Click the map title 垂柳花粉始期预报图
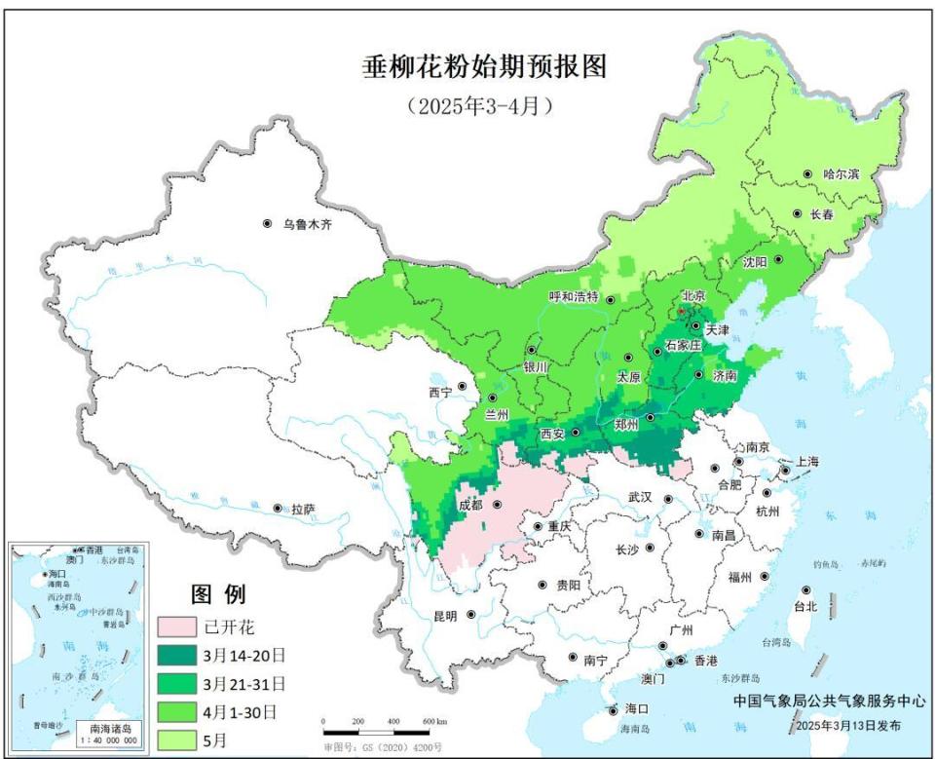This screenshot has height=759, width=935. click(x=483, y=66)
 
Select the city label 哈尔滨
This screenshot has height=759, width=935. click(x=841, y=174)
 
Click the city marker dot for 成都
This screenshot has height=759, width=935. click(x=498, y=506)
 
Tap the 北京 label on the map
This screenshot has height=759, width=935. click(x=693, y=296)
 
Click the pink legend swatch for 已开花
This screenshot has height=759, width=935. click(x=176, y=625)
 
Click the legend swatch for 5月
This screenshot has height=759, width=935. click(x=176, y=740)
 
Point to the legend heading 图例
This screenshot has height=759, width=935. click(x=217, y=594)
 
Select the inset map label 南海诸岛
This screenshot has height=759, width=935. click(x=110, y=728)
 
